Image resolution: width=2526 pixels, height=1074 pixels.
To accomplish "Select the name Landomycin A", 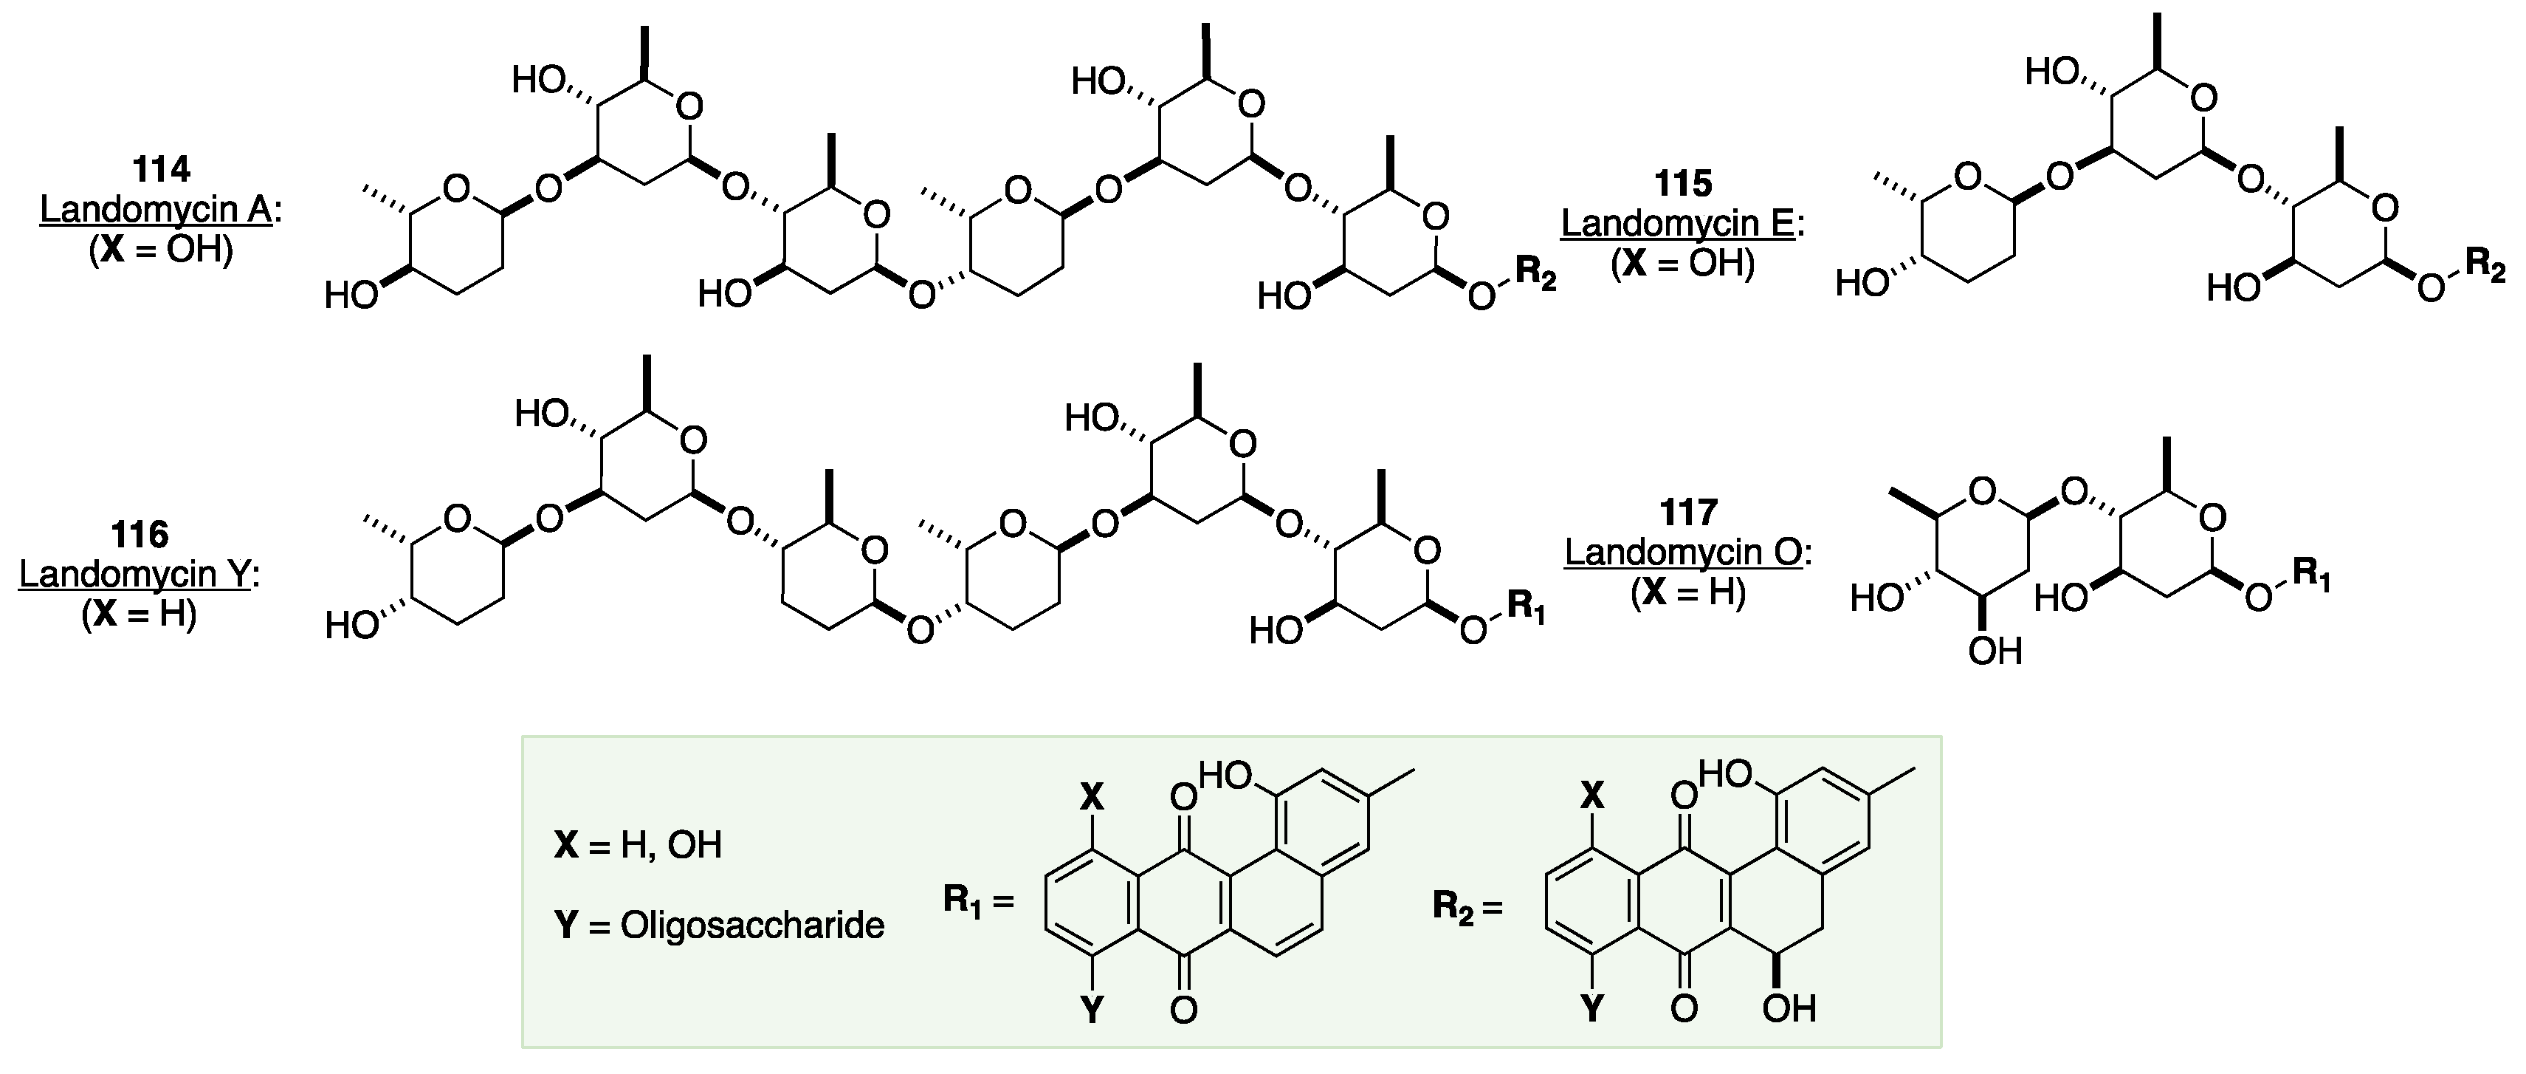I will pos(155,209).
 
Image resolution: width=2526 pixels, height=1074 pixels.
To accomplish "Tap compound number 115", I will pos(1683,182).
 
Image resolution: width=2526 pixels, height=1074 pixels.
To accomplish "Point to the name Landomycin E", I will pos(1677,224).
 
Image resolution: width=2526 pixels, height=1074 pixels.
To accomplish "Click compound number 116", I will pos(140,535).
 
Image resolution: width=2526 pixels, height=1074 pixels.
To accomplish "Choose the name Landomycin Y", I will pos(134,575).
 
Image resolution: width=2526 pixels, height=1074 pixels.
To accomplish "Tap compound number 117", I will pos(1689,512).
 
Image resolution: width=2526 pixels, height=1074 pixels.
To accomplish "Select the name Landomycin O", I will pos(1683,553).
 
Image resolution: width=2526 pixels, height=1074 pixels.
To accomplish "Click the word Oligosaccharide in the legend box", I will pos(752,925).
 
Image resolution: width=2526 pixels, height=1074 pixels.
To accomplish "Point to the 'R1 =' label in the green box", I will pos(977,900).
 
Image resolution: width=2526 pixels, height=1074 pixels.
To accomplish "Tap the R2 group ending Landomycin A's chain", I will pos(1535,276).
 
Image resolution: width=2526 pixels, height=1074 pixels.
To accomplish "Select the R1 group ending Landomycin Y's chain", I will pos(1526,607).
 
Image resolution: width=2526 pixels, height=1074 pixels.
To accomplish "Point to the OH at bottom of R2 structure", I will pos(1789,1008).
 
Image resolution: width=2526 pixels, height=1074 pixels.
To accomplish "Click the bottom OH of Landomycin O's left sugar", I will pos(1995,651).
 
